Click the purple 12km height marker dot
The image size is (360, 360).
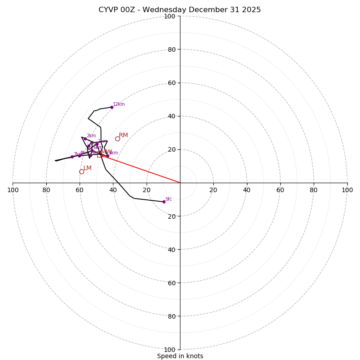click(112, 107)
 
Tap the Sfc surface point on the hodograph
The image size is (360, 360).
click(164, 202)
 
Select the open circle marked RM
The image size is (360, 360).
click(117, 139)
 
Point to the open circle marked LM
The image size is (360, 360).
click(81, 171)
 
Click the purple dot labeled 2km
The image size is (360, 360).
click(85, 139)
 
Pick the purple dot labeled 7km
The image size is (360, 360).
click(72, 157)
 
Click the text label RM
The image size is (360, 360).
click(123, 135)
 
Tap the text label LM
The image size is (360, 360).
click(87, 168)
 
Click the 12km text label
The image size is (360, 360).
click(119, 104)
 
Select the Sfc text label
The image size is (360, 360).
click(168, 199)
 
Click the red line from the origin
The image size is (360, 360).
click(144, 171)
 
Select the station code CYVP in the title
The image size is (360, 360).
click(109, 10)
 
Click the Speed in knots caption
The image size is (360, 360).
click(180, 356)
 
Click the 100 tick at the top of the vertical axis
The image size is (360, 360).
click(169, 16)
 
